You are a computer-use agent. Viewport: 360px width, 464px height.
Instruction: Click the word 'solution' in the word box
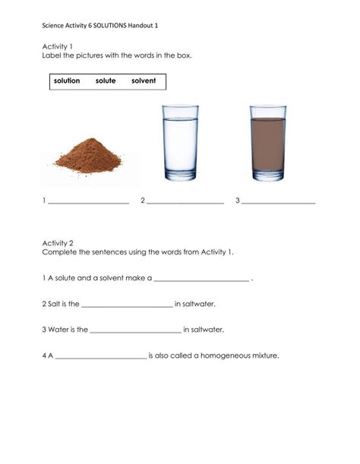coord(67,80)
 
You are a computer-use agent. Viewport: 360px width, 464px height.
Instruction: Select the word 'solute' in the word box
coord(106,80)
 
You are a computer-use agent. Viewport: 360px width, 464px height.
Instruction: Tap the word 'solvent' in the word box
coord(144,80)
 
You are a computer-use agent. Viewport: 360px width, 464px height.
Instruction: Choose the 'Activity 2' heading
coord(58,242)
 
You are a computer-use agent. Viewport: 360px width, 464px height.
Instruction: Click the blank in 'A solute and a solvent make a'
coord(202,279)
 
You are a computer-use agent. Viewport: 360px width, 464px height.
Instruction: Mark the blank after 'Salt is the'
coord(127,305)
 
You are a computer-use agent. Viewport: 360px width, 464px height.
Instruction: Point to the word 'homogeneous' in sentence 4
coord(232,355)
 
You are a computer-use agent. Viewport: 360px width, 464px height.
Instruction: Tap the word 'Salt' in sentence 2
coord(55,304)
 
